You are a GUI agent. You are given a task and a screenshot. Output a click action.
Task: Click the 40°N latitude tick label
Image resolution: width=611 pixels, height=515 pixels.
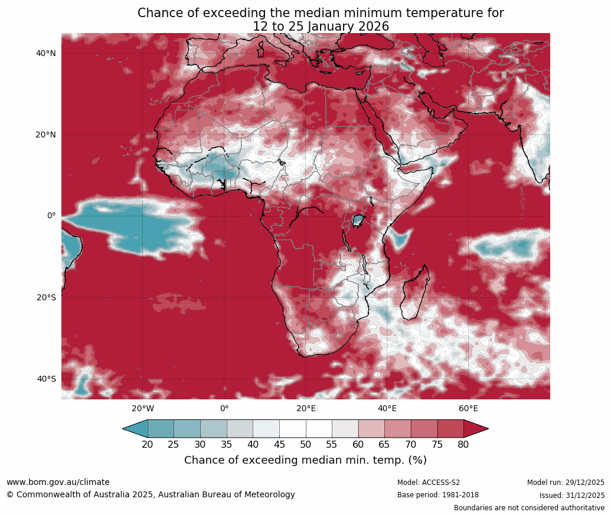[45, 53]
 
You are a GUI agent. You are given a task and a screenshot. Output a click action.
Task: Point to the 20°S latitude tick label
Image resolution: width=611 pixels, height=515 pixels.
[45, 297]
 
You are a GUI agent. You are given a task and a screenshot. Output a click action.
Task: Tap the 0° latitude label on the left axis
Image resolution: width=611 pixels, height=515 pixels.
[51, 216]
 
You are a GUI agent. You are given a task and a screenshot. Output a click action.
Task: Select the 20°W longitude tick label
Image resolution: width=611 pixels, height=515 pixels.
[142, 408]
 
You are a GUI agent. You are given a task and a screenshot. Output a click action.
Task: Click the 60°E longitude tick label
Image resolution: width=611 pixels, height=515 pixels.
[468, 408]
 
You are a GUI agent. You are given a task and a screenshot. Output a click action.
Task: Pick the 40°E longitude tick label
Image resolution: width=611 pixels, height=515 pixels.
[387, 408]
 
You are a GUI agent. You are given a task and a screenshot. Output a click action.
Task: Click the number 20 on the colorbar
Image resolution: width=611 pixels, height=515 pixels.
[148, 444]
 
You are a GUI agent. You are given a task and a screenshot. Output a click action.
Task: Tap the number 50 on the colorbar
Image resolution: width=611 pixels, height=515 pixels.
[305, 444]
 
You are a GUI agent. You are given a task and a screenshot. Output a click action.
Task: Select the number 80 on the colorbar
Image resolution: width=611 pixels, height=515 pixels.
[463, 444]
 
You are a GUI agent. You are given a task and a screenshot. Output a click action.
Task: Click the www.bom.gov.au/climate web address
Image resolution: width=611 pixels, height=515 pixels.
[58, 482]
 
